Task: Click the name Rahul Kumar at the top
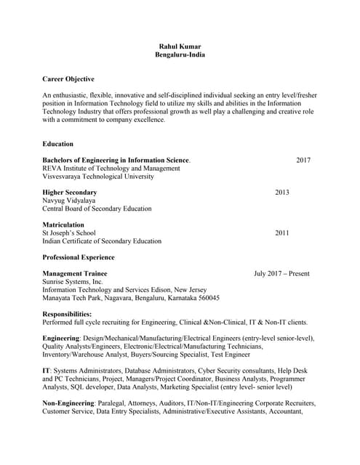pos(180,46)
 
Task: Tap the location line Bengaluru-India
pos(180,55)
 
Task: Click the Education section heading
pos(58,144)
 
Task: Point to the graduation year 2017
pos(303,160)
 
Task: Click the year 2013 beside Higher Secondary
pos(282,193)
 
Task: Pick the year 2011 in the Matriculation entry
pos(282,233)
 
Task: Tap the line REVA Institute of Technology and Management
pos(111,168)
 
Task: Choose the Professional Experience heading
pos(79,257)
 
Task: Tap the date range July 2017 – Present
pos(281,274)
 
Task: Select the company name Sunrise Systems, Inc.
pos(73,282)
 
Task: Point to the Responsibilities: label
pos(67,314)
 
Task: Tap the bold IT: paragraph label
pos(47,371)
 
